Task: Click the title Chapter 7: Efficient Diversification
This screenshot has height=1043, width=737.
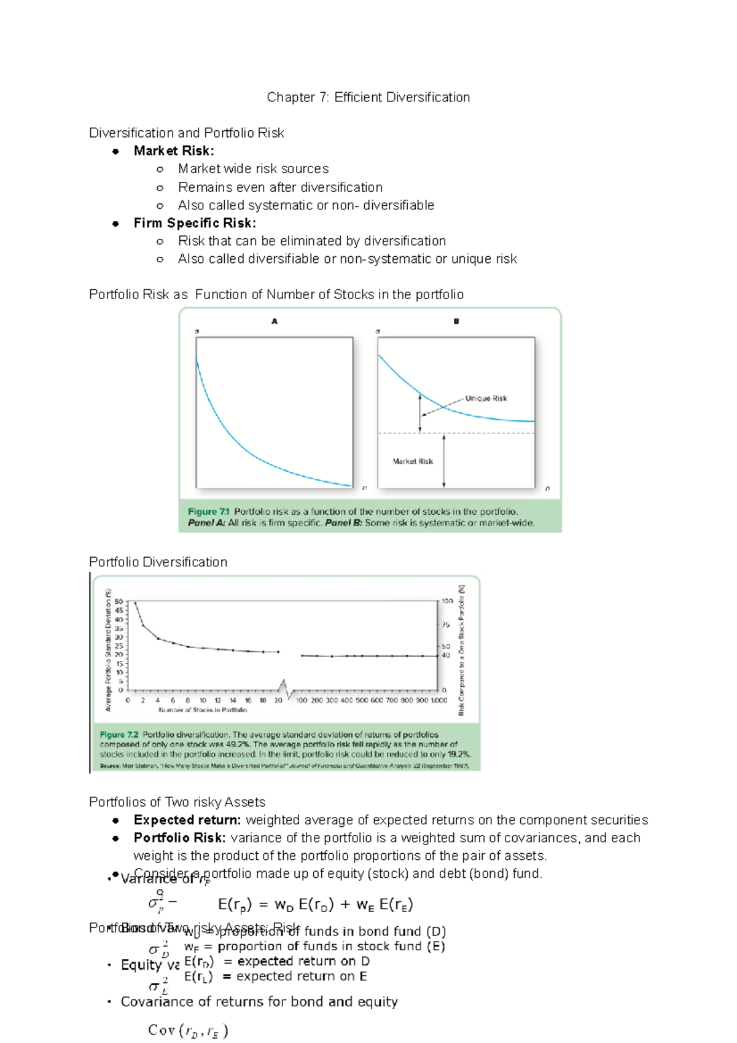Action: (368, 97)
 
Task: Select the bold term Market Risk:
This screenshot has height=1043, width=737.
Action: (174, 151)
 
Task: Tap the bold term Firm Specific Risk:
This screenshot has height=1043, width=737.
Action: (195, 223)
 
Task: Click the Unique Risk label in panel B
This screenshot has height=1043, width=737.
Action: (486, 399)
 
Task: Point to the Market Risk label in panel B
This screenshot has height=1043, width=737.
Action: (413, 461)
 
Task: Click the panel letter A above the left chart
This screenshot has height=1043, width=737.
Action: (275, 321)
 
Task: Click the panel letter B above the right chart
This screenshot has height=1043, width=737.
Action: (456, 321)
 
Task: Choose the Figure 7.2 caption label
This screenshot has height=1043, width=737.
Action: (119, 735)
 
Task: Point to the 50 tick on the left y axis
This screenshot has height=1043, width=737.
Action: (119, 602)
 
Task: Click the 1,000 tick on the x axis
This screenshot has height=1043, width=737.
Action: (439, 700)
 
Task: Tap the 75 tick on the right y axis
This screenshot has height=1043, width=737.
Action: (445, 625)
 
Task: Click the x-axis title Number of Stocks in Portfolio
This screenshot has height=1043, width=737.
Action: (203, 710)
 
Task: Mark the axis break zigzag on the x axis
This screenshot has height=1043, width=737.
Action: (284, 689)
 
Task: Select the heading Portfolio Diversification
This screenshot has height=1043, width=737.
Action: (158, 562)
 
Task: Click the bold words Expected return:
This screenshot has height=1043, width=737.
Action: (187, 820)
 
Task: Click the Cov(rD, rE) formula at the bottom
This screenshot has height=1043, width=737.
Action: (188, 1030)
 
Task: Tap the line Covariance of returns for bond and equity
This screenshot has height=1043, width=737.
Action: (259, 1002)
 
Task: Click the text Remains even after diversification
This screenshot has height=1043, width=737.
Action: (280, 187)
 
